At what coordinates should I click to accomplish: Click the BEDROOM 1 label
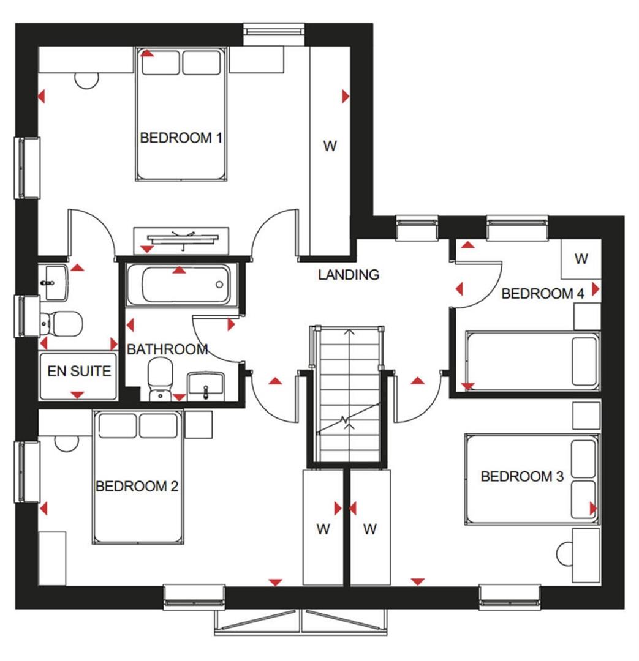[x=181, y=138]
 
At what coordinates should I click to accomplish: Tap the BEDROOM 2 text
[x=137, y=487]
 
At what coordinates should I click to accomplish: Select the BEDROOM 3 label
[x=522, y=476]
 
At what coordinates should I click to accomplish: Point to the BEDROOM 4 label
[x=542, y=294]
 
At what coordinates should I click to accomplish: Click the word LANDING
[x=349, y=275]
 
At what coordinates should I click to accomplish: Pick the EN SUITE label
[x=79, y=371]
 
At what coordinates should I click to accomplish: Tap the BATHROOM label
[x=167, y=350]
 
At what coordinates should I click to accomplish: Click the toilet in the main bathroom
[x=161, y=378]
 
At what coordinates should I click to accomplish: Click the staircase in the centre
[x=349, y=392]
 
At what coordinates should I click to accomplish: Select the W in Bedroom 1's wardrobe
[x=330, y=146]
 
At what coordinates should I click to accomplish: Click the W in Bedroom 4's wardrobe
[x=581, y=259]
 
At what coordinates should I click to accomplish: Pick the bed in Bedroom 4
[x=531, y=360]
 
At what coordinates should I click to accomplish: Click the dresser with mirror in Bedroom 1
[x=182, y=237]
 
